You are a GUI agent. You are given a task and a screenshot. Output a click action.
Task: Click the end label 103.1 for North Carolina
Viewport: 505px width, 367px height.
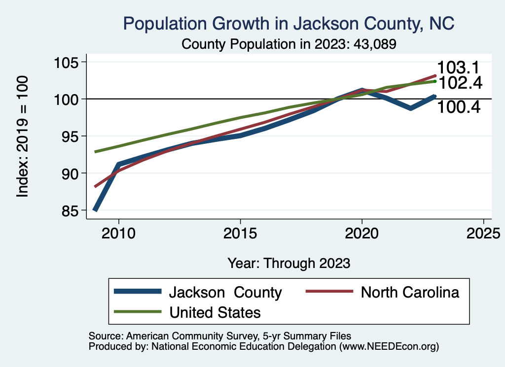(x=459, y=68)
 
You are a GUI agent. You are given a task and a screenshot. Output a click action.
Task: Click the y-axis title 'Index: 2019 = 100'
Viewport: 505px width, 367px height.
(x=23, y=136)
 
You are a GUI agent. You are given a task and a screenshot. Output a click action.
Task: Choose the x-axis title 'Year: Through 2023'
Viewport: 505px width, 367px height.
(x=289, y=263)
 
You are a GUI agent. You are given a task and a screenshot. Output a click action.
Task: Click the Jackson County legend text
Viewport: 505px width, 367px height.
(x=225, y=292)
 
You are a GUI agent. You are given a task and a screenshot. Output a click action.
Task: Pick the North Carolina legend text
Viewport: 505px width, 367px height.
(x=410, y=292)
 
